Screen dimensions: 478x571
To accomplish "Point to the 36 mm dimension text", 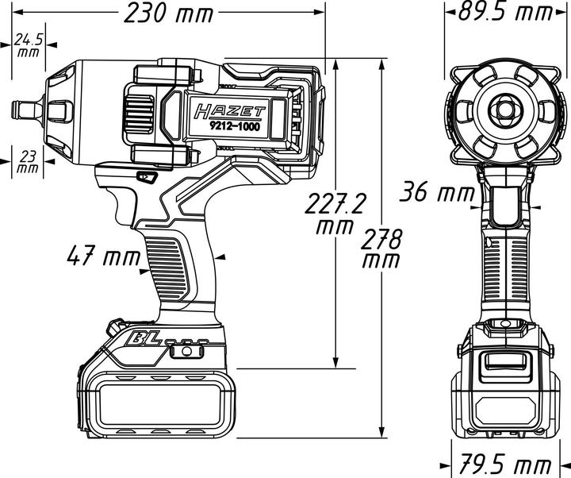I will tap(435, 191).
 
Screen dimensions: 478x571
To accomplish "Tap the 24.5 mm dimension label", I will tap(28, 44).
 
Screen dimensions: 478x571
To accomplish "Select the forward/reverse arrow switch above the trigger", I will tap(144, 177).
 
